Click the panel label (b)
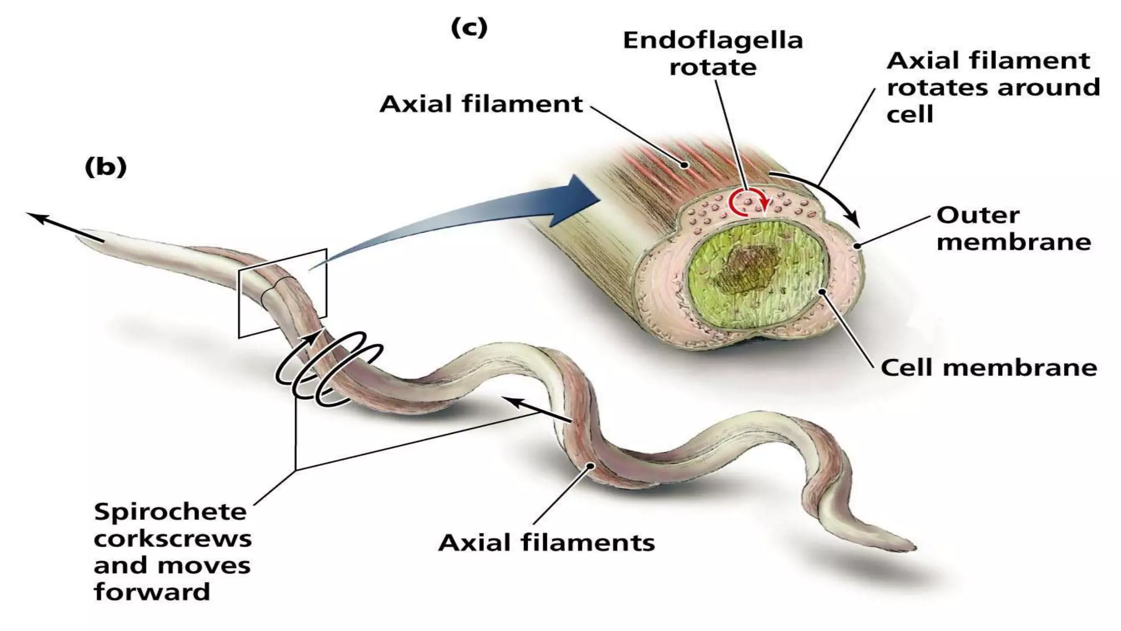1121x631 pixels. (x=106, y=167)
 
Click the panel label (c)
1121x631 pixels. (x=469, y=27)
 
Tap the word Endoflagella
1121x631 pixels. (x=713, y=40)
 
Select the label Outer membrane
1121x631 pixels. (x=1014, y=228)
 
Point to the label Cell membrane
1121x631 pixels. (x=989, y=368)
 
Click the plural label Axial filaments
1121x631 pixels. (x=547, y=543)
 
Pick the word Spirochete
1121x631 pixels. (x=170, y=513)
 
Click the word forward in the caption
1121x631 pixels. (x=152, y=592)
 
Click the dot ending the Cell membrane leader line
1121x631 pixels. (x=822, y=292)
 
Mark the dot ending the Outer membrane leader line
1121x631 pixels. (x=858, y=246)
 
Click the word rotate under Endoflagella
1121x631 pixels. (x=713, y=67)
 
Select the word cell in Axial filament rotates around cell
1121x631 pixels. (x=910, y=114)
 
